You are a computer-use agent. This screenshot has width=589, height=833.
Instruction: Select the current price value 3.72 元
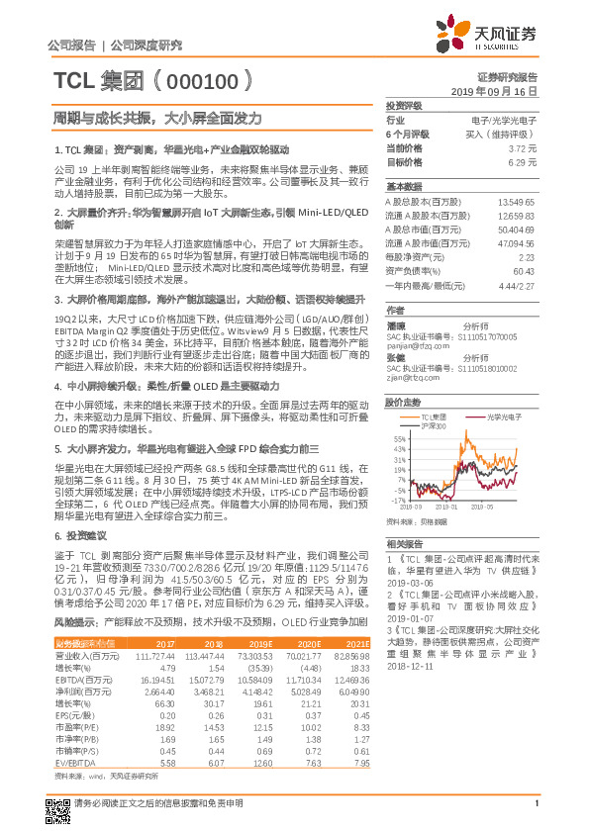[522, 147]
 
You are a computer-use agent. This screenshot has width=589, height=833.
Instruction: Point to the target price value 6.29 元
[522, 160]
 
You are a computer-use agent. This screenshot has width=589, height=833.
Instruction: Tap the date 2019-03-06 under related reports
[408, 585]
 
